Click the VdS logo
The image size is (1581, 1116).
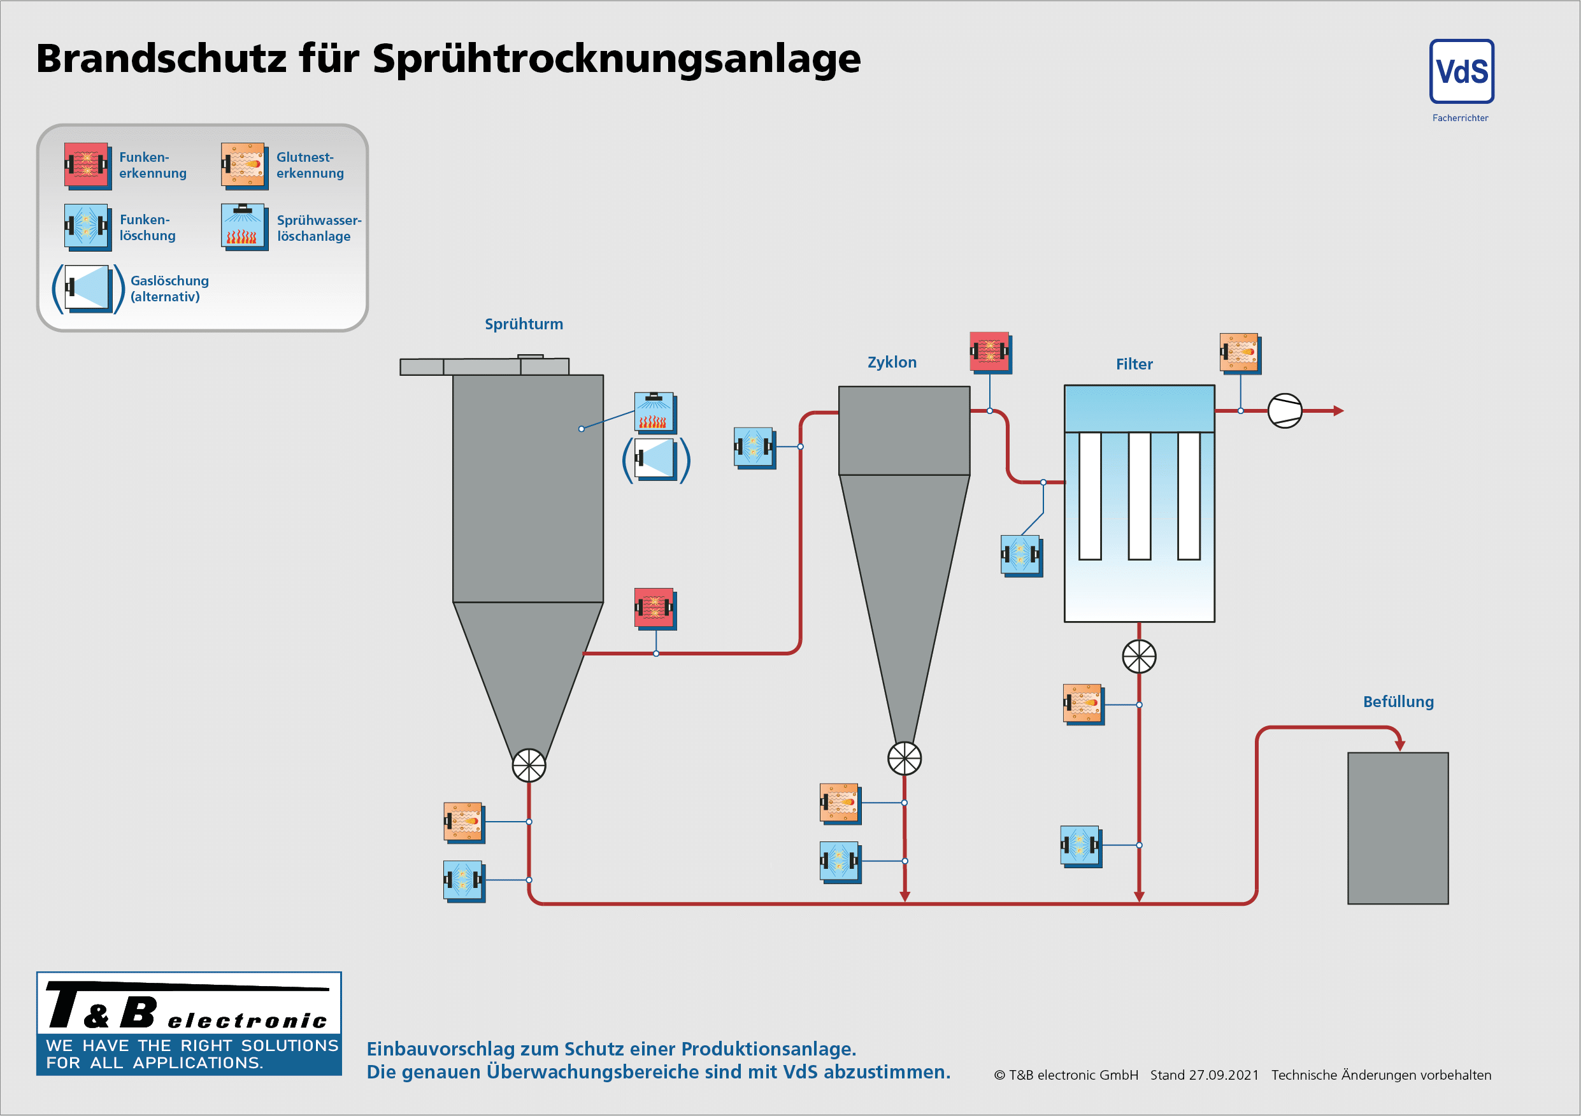(x=1461, y=71)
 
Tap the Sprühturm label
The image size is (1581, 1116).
(x=524, y=324)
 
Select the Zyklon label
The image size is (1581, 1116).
(x=892, y=362)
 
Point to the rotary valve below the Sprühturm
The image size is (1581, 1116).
(x=529, y=766)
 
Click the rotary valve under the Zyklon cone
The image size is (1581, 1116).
(x=904, y=759)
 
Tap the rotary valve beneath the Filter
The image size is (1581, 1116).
(x=1139, y=657)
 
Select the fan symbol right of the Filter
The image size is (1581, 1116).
(x=1284, y=411)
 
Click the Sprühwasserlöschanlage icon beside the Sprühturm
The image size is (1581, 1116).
(x=654, y=411)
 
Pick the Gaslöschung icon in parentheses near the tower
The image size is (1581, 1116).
(x=655, y=459)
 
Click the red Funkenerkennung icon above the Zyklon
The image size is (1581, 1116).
(x=989, y=352)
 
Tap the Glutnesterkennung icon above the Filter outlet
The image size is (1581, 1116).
(x=1239, y=352)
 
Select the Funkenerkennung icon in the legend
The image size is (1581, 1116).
(x=86, y=165)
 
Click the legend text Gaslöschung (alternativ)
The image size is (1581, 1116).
(x=169, y=289)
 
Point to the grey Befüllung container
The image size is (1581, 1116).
(x=1397, y=827)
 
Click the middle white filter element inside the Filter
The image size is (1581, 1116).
(x=1139, y=496)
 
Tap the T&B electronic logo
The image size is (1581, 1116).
(x=189, y=1023)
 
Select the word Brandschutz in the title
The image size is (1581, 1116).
(x=161, y=59)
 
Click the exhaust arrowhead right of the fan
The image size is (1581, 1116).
(x=1338, y=411)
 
